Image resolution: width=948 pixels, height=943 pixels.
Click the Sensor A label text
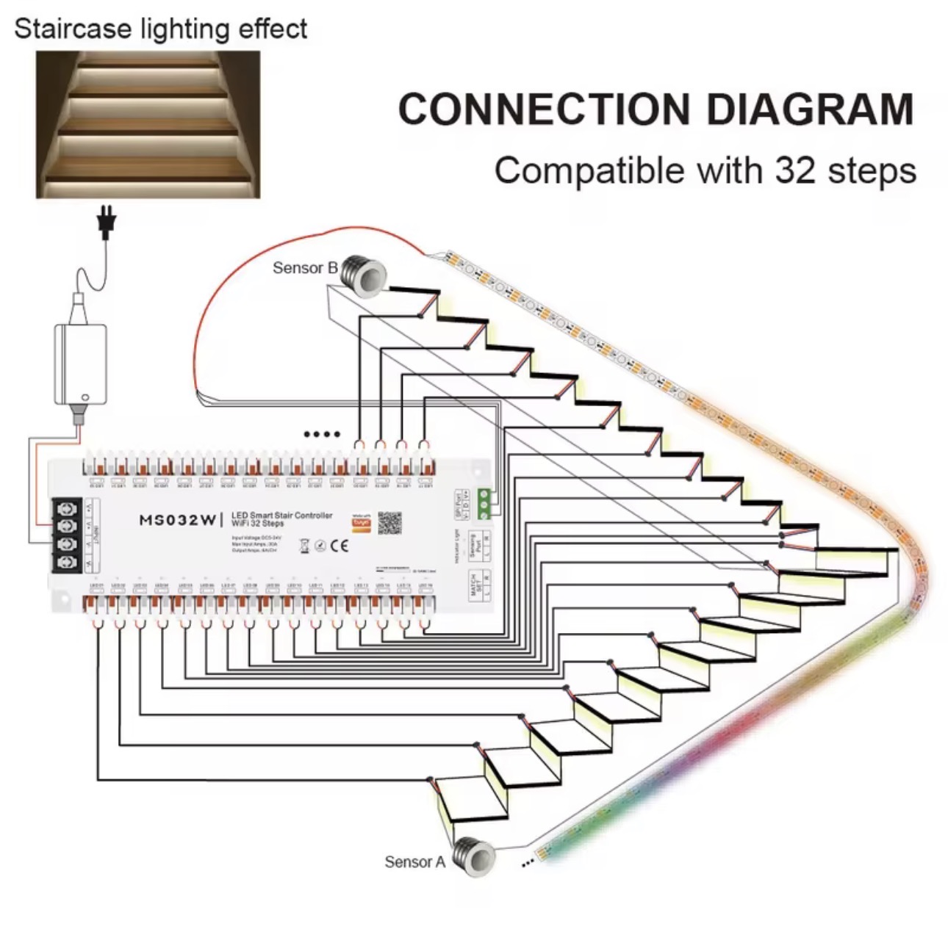tap(414, 861)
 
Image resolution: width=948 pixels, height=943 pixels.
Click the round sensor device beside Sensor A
tap(472, 854)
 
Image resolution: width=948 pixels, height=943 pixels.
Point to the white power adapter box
tap(81, 363)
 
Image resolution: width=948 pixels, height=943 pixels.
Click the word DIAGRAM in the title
tap(809, 109)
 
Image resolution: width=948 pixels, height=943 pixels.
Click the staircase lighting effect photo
tap(148, 124)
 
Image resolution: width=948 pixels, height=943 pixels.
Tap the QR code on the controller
tap(389, 523)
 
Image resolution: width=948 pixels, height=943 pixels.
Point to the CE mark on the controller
tap(339, 546)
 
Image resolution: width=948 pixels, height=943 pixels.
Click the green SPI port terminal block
tap(484, 504)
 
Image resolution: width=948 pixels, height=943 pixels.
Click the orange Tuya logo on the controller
tap(361, 523)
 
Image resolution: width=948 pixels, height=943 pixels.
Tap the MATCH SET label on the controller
tap(475, 584)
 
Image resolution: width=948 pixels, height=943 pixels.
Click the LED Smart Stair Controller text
tap(281, 516)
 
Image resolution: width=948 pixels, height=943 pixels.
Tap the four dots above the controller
tap(322, 434)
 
